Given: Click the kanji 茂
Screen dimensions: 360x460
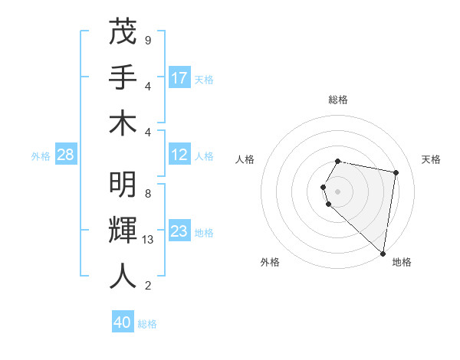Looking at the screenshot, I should (x=123, y=33).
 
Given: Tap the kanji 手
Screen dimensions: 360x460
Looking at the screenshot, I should (x=123, y=78).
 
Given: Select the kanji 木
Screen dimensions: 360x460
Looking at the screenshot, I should (x=123, y=123).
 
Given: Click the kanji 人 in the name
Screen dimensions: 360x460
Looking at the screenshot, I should (x=123, y=277).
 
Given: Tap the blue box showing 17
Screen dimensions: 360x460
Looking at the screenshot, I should (x=179, y=78).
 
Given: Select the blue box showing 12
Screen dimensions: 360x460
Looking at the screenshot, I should (x=179, y=155).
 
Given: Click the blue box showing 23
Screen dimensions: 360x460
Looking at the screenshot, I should (x=179, y=231).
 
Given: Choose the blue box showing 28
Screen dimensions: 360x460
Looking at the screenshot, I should (x=65, y=155).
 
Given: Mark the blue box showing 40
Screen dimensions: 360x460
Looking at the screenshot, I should (x=123, y=322).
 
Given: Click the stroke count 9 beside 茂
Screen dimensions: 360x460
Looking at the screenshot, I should (x=148, y=40).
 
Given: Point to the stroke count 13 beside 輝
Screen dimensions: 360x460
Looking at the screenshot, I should (x=149, y=240).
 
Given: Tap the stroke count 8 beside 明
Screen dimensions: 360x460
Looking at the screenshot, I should (x=148, y=194).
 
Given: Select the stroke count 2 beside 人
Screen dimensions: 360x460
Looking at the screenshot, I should (x=148, y=286).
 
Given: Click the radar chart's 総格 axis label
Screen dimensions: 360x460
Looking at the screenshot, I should (x=338, y=100).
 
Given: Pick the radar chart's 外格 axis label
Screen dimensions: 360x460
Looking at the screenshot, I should (x=270, y=263).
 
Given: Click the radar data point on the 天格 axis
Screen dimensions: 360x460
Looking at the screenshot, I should (x=396, y=173).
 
